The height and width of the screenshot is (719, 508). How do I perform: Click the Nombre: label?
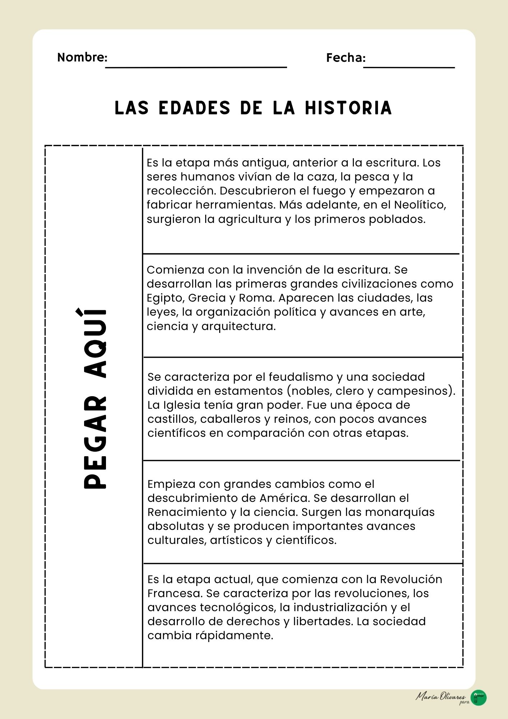coord(82,57)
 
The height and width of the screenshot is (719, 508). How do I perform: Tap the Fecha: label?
coord(346,58)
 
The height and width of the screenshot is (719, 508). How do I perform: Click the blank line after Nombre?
coord(196,67)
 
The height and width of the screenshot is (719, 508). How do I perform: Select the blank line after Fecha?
coord(409,67)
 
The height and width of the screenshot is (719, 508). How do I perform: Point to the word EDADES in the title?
coord(194,108)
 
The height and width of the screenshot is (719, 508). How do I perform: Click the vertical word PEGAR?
coord(95,443)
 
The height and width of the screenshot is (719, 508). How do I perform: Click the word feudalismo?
coord(301,377)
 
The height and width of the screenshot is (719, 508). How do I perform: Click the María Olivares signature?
coord(441,696)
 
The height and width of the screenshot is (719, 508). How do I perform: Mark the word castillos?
coord(171,419)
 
